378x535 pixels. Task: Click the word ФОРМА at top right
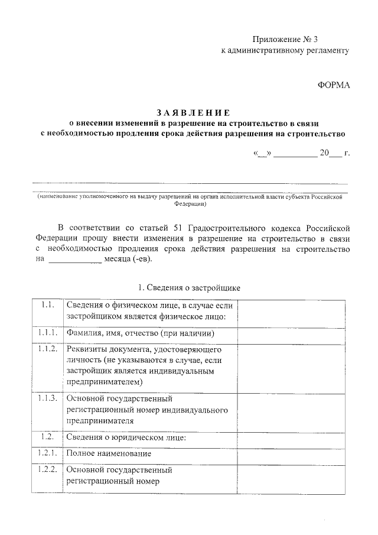(x=334, y=85)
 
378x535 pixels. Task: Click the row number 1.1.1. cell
(x=48, y=333)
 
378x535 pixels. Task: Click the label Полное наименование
(x=109, y=453)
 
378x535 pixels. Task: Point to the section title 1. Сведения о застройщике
(x=188, y=288)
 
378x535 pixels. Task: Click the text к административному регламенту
(x=285, y=51)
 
